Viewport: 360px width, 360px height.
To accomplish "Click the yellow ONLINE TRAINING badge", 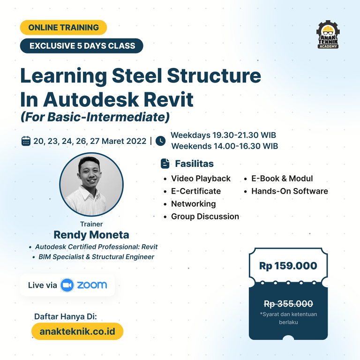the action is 63,28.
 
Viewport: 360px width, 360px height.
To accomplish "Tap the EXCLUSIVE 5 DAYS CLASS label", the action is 82,45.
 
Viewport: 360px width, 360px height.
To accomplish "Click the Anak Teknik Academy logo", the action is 328,34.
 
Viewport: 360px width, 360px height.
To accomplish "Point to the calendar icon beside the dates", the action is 26,141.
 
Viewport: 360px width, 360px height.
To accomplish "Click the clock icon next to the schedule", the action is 160,141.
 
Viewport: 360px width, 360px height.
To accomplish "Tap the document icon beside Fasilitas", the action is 165,164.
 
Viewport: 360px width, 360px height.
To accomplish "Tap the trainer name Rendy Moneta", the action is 91,235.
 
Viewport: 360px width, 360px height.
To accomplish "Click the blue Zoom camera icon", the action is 67,285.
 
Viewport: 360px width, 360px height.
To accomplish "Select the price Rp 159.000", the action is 288,266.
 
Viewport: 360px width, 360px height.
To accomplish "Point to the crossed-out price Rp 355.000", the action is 288,304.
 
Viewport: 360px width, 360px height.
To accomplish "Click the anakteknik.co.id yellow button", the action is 77,331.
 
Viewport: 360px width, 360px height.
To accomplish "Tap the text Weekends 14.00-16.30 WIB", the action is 225,146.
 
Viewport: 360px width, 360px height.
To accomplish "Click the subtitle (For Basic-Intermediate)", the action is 95,117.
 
